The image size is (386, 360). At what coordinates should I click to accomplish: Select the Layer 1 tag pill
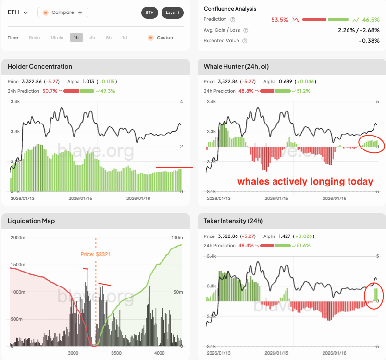[172, 12]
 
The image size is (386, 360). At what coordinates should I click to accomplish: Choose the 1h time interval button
[76, 37]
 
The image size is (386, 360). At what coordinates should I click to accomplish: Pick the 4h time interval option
[92, 37]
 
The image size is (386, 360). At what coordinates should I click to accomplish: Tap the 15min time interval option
[57, 37]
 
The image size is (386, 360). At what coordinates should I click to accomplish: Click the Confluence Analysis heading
[230, 9]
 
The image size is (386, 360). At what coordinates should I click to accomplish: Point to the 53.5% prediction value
[279, 20]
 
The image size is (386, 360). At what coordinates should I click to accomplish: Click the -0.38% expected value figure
[370, 41]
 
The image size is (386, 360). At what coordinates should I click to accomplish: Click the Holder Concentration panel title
[40, 66]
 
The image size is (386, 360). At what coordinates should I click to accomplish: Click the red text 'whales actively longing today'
[305, 182]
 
